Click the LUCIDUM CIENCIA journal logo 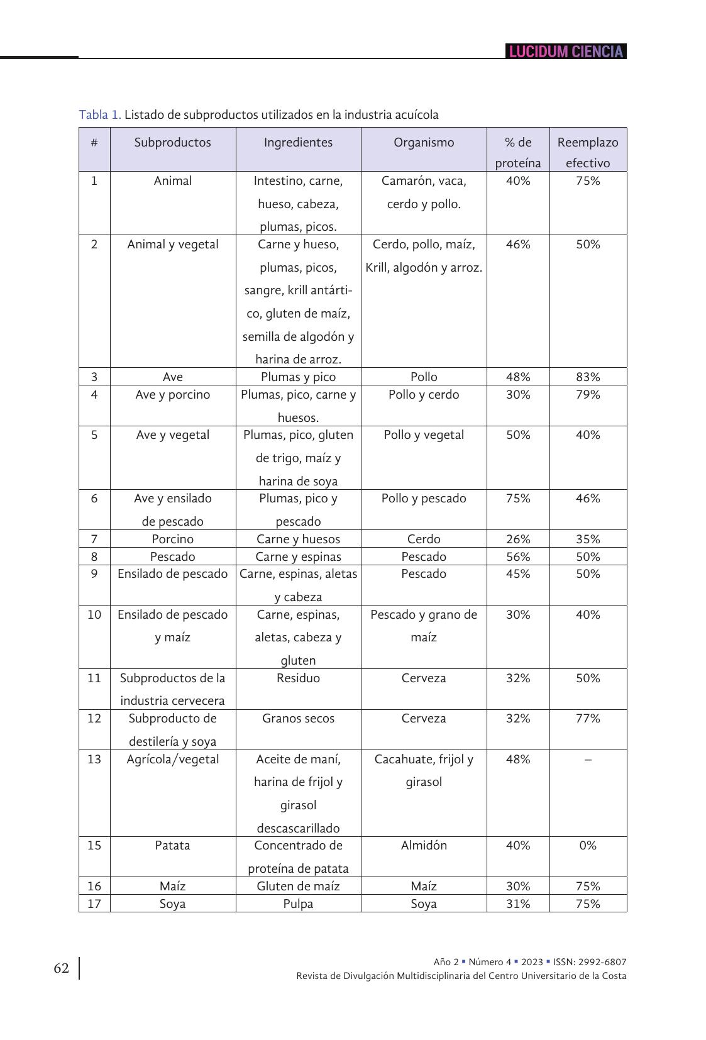click(x=566, y=52)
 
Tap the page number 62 click(x=61, y=968)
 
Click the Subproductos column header click(x=172, y=143)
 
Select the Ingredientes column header click(x=298, y=143)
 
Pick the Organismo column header click(x=424, y=143)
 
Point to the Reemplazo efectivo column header click(x=588, y=152)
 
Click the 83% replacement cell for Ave click(x=588, y=377)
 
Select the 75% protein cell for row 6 click(x=518, y=499)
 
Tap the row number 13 click(x=94, y=760)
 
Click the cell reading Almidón click(x=424, y=846)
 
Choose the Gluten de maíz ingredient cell click(x=298, y=887)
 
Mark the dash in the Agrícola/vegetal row click(x=588, y=760)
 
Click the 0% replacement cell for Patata click(x=588, y=846)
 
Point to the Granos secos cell click(x=298, y=719)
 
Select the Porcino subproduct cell click(x=172, y=539)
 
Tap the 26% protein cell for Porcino click(x=518, y=539)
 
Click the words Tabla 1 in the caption click(x=100, y=115)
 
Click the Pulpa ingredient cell click(x=298, y=904)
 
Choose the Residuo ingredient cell click(x=298, y=678)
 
